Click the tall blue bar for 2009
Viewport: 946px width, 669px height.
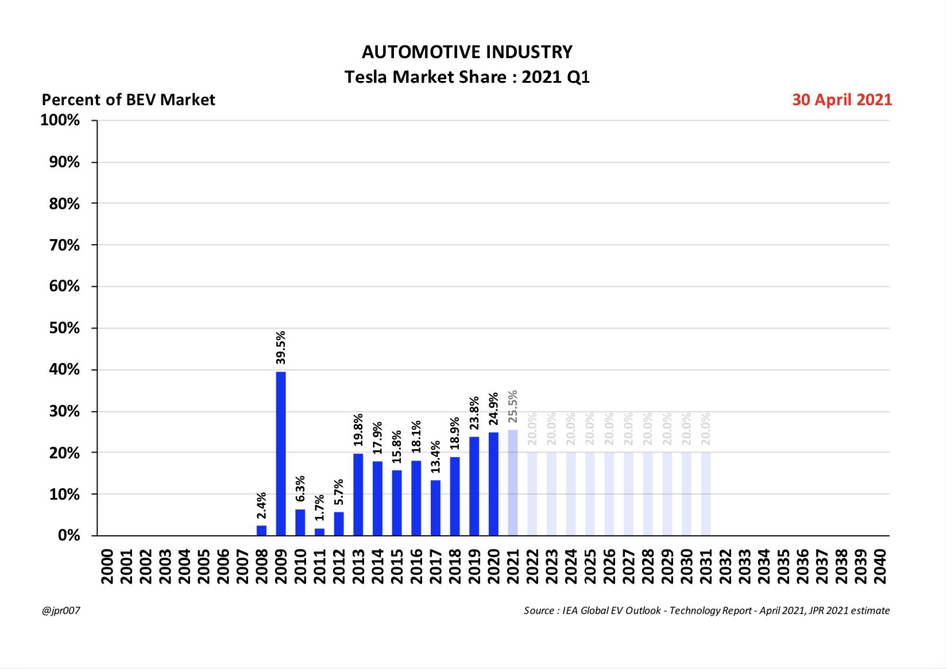point(281,454)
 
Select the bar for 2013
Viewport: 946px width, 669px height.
point(358,494)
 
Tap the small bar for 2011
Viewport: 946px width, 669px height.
point(319,532)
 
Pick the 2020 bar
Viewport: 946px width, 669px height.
point(493,484)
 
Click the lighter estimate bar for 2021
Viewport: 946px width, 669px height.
point(513,482)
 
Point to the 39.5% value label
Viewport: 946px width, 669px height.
point(281,347)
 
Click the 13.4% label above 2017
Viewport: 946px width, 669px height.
point(435,457)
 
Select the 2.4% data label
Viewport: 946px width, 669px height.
point(261,505)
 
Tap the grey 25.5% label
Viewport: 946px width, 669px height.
point(513,407)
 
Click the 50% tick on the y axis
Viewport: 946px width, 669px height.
point(64,328)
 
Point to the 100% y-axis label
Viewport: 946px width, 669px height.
point(60,120)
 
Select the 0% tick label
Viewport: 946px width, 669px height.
point(69,535)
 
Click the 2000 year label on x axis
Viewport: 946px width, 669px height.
point(107,566)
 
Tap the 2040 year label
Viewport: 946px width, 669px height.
point(880,566)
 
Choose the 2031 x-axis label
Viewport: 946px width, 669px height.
point(706,566)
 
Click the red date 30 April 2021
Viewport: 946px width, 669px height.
point(841,100)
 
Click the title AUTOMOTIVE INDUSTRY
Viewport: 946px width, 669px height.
point(467,52)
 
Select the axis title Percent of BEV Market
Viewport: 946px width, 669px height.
point(128,100)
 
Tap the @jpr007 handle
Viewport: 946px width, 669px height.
point(61,610)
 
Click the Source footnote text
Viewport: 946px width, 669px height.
point(706,610)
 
